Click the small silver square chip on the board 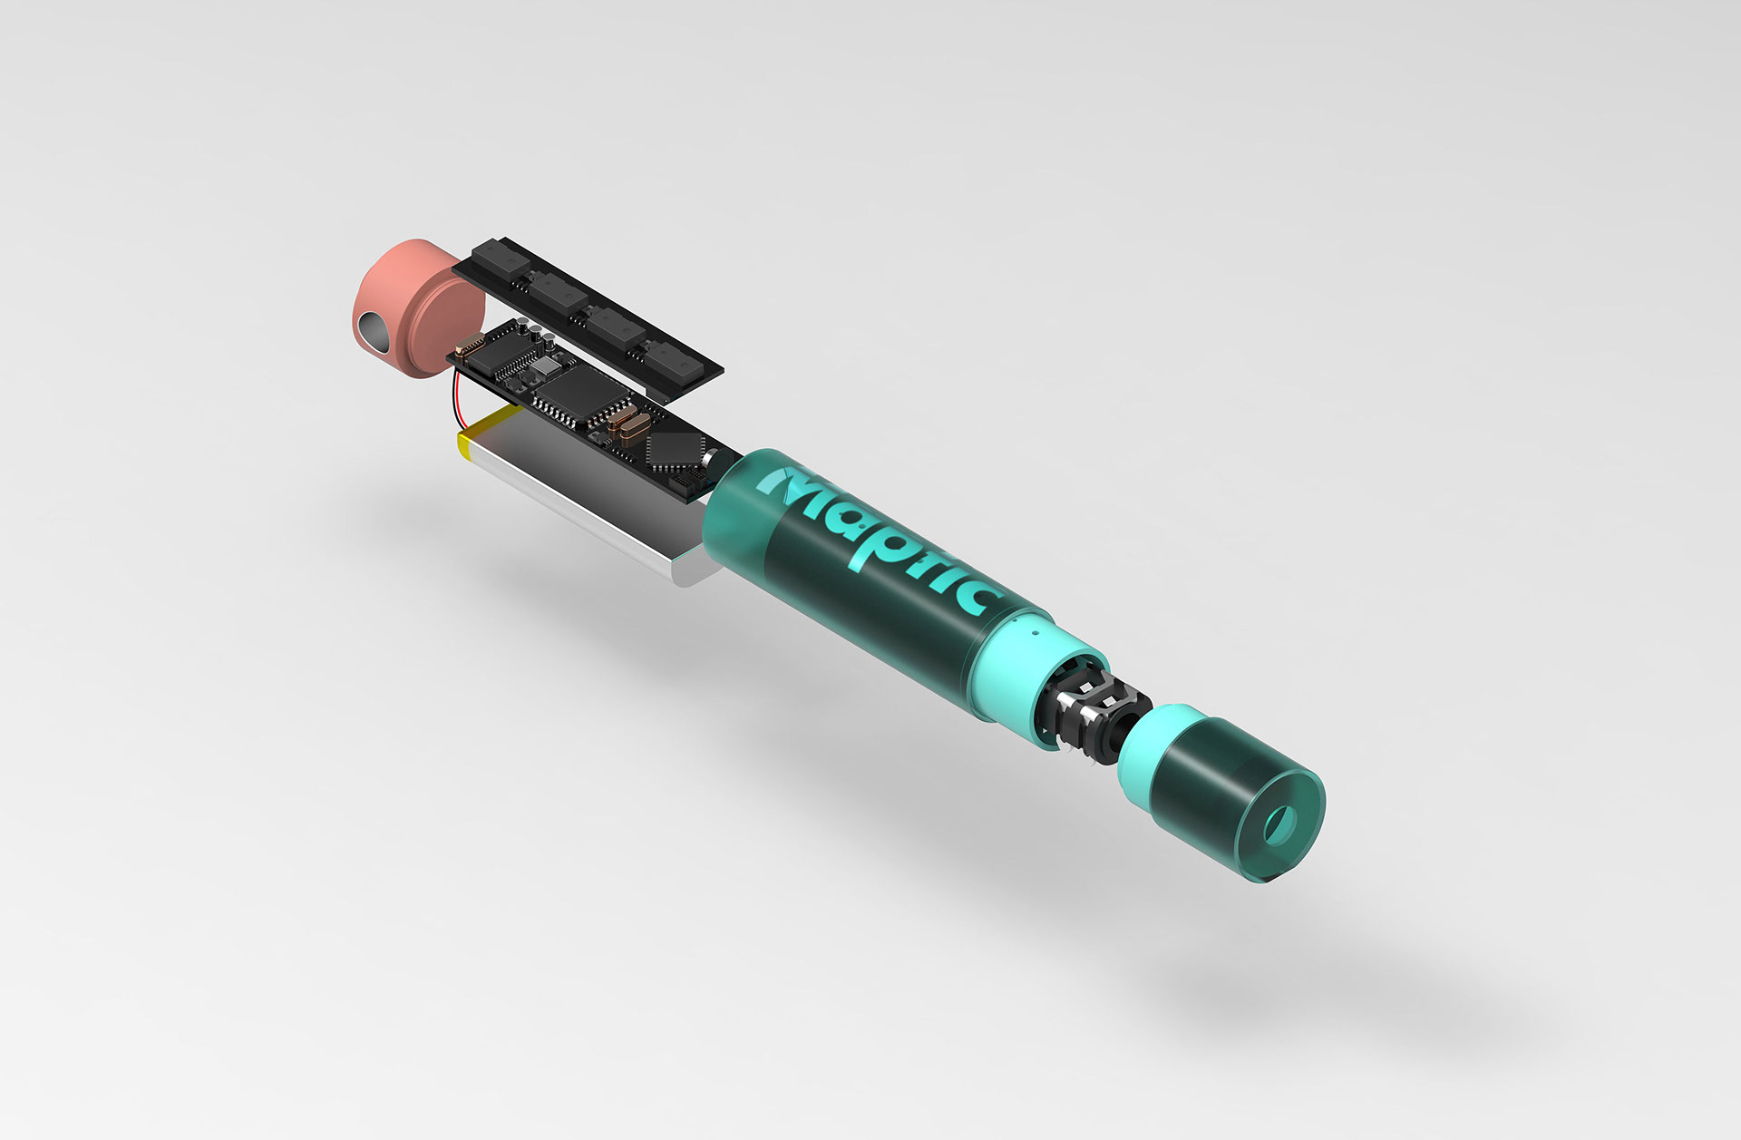[546, 366]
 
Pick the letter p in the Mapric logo [892, 543]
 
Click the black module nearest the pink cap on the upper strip [501, 258]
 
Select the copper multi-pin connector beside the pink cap [470, 346]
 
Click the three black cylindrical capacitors [535, 332]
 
